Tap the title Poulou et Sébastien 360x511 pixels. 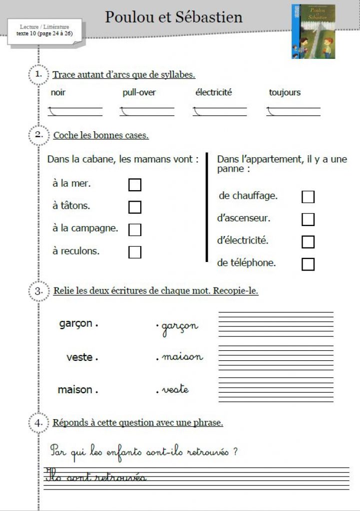[174, 17]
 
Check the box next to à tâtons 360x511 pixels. [135, 207]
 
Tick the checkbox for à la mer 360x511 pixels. [135, 185]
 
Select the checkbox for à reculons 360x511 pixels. [135, 252]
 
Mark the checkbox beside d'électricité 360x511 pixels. [308, 242]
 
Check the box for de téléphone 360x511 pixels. [308, 264]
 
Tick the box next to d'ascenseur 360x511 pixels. [308, 220]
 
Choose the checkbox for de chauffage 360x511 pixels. [308, 197]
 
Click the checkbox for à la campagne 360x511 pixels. [135, 230]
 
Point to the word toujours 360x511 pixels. [285, 93]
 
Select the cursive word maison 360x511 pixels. [182, 357]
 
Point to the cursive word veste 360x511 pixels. [175, 389]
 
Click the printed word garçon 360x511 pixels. [76, 324]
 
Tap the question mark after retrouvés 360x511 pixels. [235, 452]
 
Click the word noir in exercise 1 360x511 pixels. [58, 93]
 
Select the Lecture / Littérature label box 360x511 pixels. [44, 30]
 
